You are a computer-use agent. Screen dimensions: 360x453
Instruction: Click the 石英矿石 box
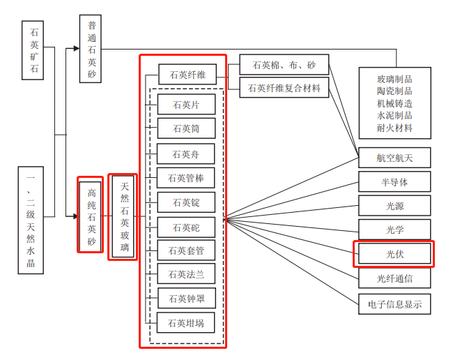pyautogui.click(x=33, y=51)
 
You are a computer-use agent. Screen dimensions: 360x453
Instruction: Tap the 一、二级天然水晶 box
pyautogui.click(x=31, y=220)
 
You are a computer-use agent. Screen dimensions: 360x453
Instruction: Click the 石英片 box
pyautogui.click(x=186, y=105)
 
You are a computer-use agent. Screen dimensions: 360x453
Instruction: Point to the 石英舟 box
pyautogui.click(x=186, y=154)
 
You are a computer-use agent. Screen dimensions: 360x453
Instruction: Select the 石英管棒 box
pyautogui.click(x=186, y=178)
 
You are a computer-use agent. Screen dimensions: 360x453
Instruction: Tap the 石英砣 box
pyautogui.click(x=186, y=227)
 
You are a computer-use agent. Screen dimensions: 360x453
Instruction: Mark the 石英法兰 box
pyautogui.click(x=186, y=274)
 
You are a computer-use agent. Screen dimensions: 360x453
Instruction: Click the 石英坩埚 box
pyautogui.click(x=186, y=322)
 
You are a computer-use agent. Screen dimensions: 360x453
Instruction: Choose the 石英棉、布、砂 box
pyautogui.click(x=284, y=66)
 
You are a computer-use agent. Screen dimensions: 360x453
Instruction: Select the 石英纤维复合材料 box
pyautogui.click(x=284, y=88)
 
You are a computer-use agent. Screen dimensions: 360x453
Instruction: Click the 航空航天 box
pyautogui.click(x=394, y=158)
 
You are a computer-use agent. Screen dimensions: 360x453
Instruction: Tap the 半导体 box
pyautogui.click(x=394, y=182)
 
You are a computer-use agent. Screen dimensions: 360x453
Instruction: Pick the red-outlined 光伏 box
pyautogui.click(x=394, y=254)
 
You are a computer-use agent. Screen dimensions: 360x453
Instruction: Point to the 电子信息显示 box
pyautogui.click(x=394, y=304)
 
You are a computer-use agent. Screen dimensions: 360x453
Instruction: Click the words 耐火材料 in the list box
pyautogui.click(x=394, y=128)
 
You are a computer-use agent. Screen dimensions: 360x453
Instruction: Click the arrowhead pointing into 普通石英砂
pyautogui.click(x=76, y=49)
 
